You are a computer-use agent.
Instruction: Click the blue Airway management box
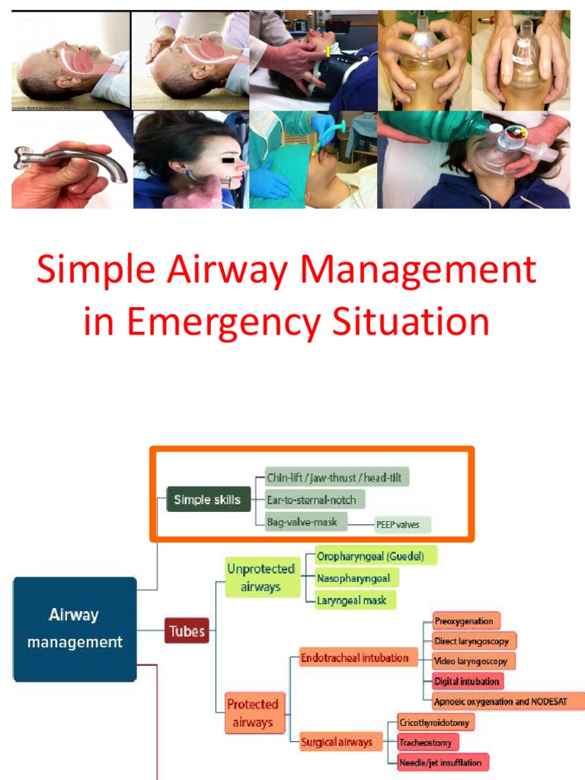(75, 628)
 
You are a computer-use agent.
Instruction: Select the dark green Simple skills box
(207, 500)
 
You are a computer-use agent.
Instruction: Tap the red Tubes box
(187, 631)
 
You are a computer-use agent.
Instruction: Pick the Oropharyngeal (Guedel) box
(376, 556)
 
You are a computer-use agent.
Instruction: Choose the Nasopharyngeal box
(356, 578)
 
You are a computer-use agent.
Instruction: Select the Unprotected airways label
(261, 578)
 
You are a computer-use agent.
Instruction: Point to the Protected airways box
(252, 714)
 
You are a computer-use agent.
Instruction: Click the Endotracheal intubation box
(354, 657)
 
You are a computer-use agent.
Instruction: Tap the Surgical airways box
(336, 741)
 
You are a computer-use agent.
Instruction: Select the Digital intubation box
(468, 680)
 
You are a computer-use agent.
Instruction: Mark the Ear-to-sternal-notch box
(315, 500)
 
